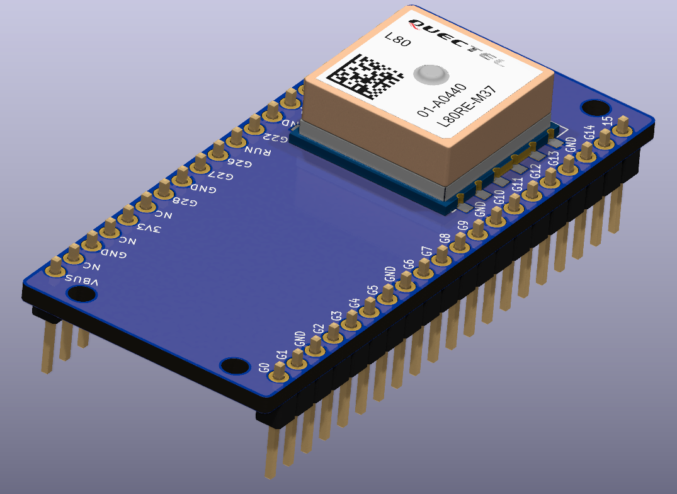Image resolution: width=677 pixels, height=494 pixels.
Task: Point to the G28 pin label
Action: (185, 202)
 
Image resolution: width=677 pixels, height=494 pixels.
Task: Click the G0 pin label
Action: (265, 367)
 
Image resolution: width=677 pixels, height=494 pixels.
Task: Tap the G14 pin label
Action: (589, 132)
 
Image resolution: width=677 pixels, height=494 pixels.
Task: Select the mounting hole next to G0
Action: (234, 365)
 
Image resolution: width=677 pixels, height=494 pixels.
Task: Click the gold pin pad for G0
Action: (278, 376)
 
